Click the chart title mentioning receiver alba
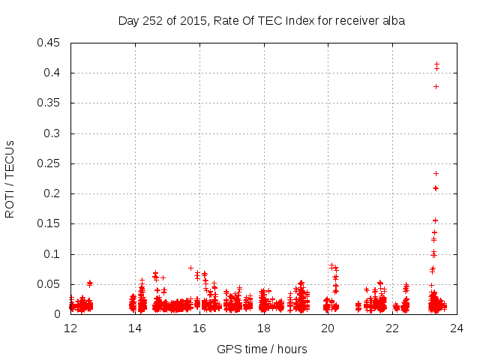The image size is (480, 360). point(262,21)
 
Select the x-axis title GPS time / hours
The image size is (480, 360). point(262,349)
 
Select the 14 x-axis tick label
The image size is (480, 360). point(135,328)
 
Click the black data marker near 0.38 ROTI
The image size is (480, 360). point(436,86)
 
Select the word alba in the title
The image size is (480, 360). point(392,21)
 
